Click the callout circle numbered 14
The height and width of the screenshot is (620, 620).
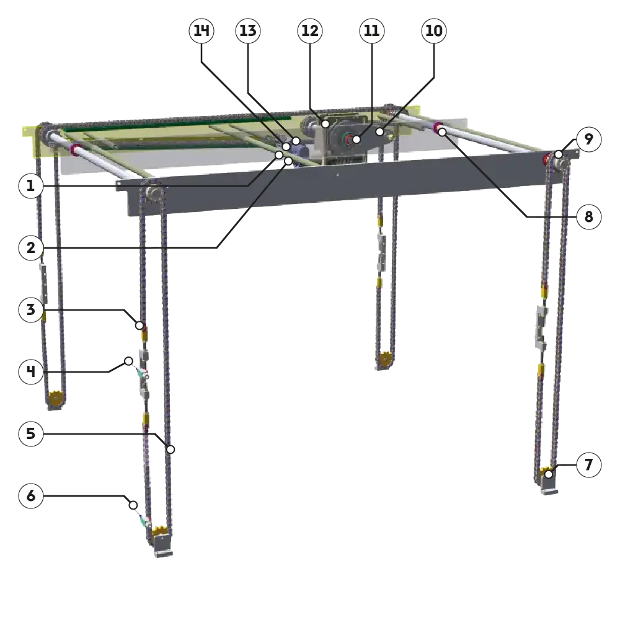[x=201, y=31]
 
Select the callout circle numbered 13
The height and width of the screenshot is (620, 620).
[x=248, y=31]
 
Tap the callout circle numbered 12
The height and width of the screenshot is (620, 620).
[x=310, y=31]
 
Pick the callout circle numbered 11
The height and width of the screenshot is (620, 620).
[x=371, y=31]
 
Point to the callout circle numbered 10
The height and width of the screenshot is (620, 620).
[x=434, y=31]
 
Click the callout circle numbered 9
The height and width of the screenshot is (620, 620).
[x=589, y=139]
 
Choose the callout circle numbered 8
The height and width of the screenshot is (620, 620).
[x=589, y=216]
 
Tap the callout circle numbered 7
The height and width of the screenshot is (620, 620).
[x=589, y=464]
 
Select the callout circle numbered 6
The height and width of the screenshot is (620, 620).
[x=31, y=496]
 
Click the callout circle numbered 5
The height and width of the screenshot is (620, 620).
[x=31, y=434]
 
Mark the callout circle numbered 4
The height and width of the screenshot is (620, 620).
[x=31, y=371]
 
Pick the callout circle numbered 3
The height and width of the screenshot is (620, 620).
[x=31, y=309]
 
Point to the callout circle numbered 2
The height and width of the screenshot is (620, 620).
[x=31, y=248]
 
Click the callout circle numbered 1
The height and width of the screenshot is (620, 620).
[x=31, y=186]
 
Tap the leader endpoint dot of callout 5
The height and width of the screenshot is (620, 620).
[x=170, y=449]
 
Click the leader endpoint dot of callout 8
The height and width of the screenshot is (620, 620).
[x=442, y=132]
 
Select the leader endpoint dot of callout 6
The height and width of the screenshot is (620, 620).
[x=133, y=505]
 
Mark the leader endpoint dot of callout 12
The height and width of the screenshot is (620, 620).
[x=325, y=124]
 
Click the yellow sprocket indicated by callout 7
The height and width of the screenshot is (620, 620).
[x=547, y=472]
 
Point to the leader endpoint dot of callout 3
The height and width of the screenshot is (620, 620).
[x=139, y=325]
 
